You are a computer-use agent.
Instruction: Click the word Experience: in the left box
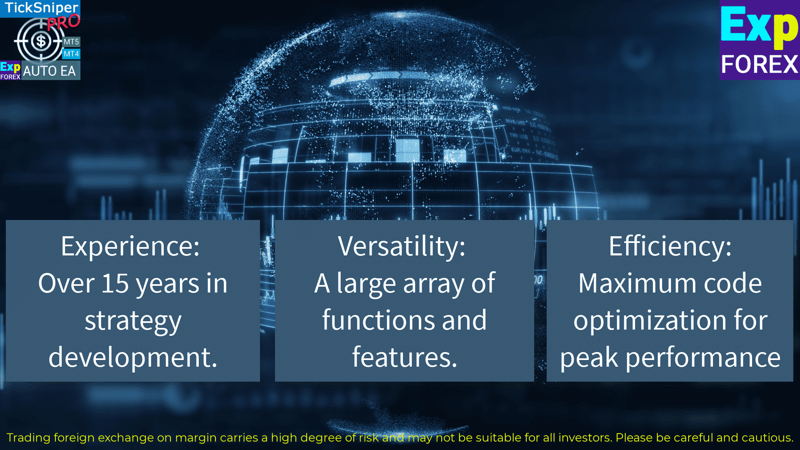coord(130,247)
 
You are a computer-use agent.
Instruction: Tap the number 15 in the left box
coord(115,283)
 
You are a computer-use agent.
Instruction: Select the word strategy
coord(133,322)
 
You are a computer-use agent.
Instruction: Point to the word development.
coord(133,357)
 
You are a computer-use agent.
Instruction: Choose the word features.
coord(405,357)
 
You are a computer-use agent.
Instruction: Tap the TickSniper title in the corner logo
coord(41,8)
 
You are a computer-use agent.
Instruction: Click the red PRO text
coord(63,22)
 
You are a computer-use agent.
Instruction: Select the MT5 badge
coord(71,42)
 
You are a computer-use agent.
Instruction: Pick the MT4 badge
coord(71,54)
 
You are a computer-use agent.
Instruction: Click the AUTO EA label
coord(50,71)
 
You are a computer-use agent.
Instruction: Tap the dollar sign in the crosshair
coord(41,41)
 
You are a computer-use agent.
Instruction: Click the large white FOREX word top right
coord(760,65)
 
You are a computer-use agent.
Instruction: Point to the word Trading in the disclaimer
coord(29,438)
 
